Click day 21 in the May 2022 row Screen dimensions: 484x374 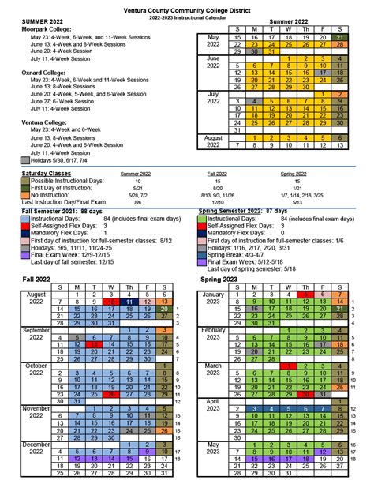pos(338,37)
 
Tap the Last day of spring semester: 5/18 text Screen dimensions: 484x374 pos(248,270)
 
